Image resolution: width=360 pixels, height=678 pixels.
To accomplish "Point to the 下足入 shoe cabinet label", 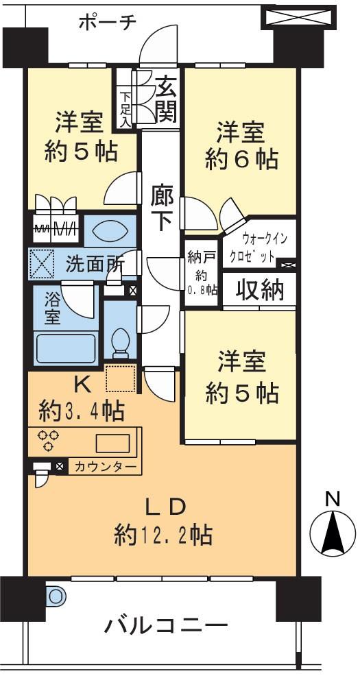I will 125,108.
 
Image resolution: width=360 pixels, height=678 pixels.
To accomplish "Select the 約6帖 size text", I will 242,160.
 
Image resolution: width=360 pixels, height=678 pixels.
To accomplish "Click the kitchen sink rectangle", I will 112,444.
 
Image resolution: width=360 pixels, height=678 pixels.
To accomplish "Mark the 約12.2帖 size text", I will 164,533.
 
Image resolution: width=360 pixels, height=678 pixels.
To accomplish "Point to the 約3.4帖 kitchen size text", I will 82,411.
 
